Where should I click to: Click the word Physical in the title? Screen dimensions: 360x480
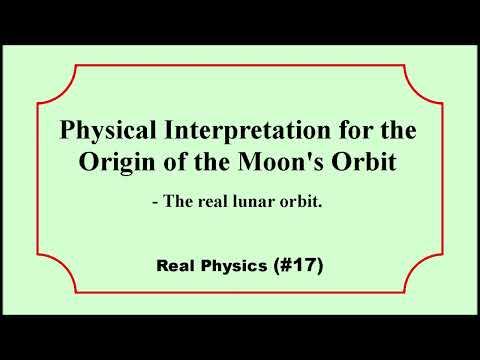tap(104, 132)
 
